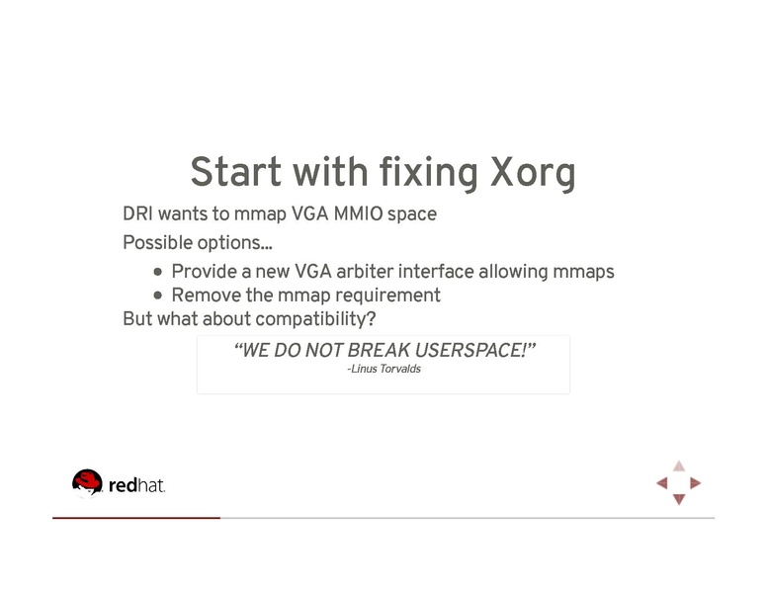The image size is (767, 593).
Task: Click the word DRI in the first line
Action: (x=137, y=213)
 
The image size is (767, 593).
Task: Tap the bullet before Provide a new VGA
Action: (x=159, y=272)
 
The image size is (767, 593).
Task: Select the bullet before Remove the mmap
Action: (x=159, y=296)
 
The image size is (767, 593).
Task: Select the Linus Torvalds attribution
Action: (x=383, y=370)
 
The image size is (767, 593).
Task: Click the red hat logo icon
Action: (x=87, y=482)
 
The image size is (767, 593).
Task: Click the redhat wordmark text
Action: (x=135, y=485)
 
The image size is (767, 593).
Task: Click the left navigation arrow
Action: (x=662, y=483)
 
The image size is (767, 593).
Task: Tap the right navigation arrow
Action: (x=696, y=483)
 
